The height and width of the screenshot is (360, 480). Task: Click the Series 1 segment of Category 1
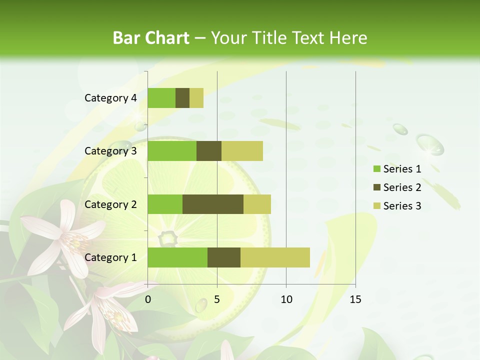(177, 257)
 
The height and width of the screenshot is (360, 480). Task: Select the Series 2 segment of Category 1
(223, 257)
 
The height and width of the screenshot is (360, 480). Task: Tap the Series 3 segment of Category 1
(275, 257)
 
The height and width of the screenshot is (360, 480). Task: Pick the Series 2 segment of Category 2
(212, 204)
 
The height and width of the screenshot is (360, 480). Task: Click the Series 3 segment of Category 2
(257, 204)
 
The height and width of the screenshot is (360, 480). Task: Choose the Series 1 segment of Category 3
(171, 151)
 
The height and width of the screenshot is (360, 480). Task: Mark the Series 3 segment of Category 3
(242, 151)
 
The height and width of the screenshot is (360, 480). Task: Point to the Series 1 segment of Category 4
(161, 98)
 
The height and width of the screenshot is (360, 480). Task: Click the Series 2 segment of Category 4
(182, 98)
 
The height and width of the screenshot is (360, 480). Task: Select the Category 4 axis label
(110, 98)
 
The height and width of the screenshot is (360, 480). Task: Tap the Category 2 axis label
(110, 204)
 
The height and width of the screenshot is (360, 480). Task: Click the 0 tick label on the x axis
(147, 299)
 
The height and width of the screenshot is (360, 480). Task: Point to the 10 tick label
(286, 299)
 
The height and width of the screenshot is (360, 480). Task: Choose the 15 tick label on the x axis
(355, 299)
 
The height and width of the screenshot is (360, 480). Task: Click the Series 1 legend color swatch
(376, 169)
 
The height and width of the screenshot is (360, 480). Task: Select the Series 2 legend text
(402, 187)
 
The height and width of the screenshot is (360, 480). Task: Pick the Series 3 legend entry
(397, 206)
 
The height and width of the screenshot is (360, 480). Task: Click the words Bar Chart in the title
(151, 37)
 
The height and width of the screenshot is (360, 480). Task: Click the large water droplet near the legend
(430, 144)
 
